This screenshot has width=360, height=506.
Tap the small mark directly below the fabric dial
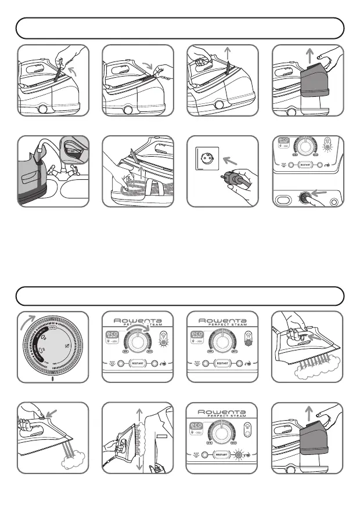tap(53, 379)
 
